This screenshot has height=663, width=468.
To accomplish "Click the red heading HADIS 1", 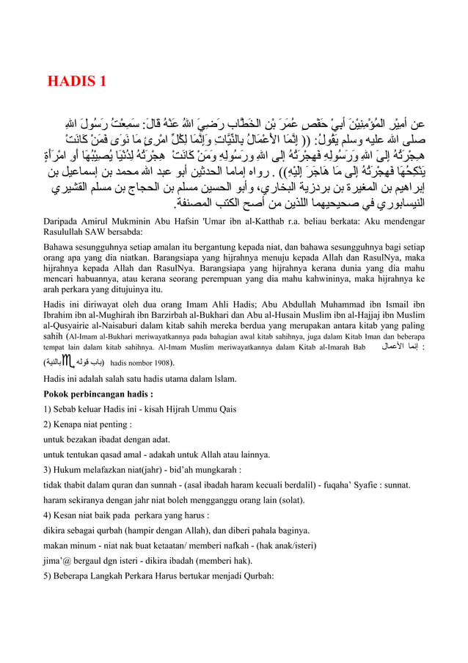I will click(77, 80).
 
